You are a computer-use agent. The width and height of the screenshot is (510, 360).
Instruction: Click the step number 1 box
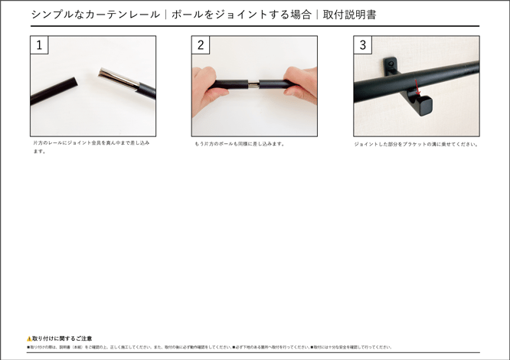tap(39, 45)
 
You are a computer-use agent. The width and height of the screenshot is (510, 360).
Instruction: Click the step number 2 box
tap(201, 45)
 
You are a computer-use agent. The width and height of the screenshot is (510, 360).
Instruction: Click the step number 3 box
tap(362, 45)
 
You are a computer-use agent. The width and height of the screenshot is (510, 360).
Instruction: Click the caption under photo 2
tap(239, 143)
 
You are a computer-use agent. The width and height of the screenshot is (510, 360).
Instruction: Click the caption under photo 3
tap(416, 143)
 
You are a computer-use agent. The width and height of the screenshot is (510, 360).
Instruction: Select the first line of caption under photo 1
tap(91, 142)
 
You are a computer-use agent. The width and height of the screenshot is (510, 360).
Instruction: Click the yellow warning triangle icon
tap(29, 338)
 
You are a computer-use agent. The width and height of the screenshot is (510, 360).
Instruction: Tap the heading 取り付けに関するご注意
tap(62, 338)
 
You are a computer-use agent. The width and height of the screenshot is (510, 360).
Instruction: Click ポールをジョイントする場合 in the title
tap(241, 15)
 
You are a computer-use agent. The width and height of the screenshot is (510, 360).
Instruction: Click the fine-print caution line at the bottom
tap(209, 347)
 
